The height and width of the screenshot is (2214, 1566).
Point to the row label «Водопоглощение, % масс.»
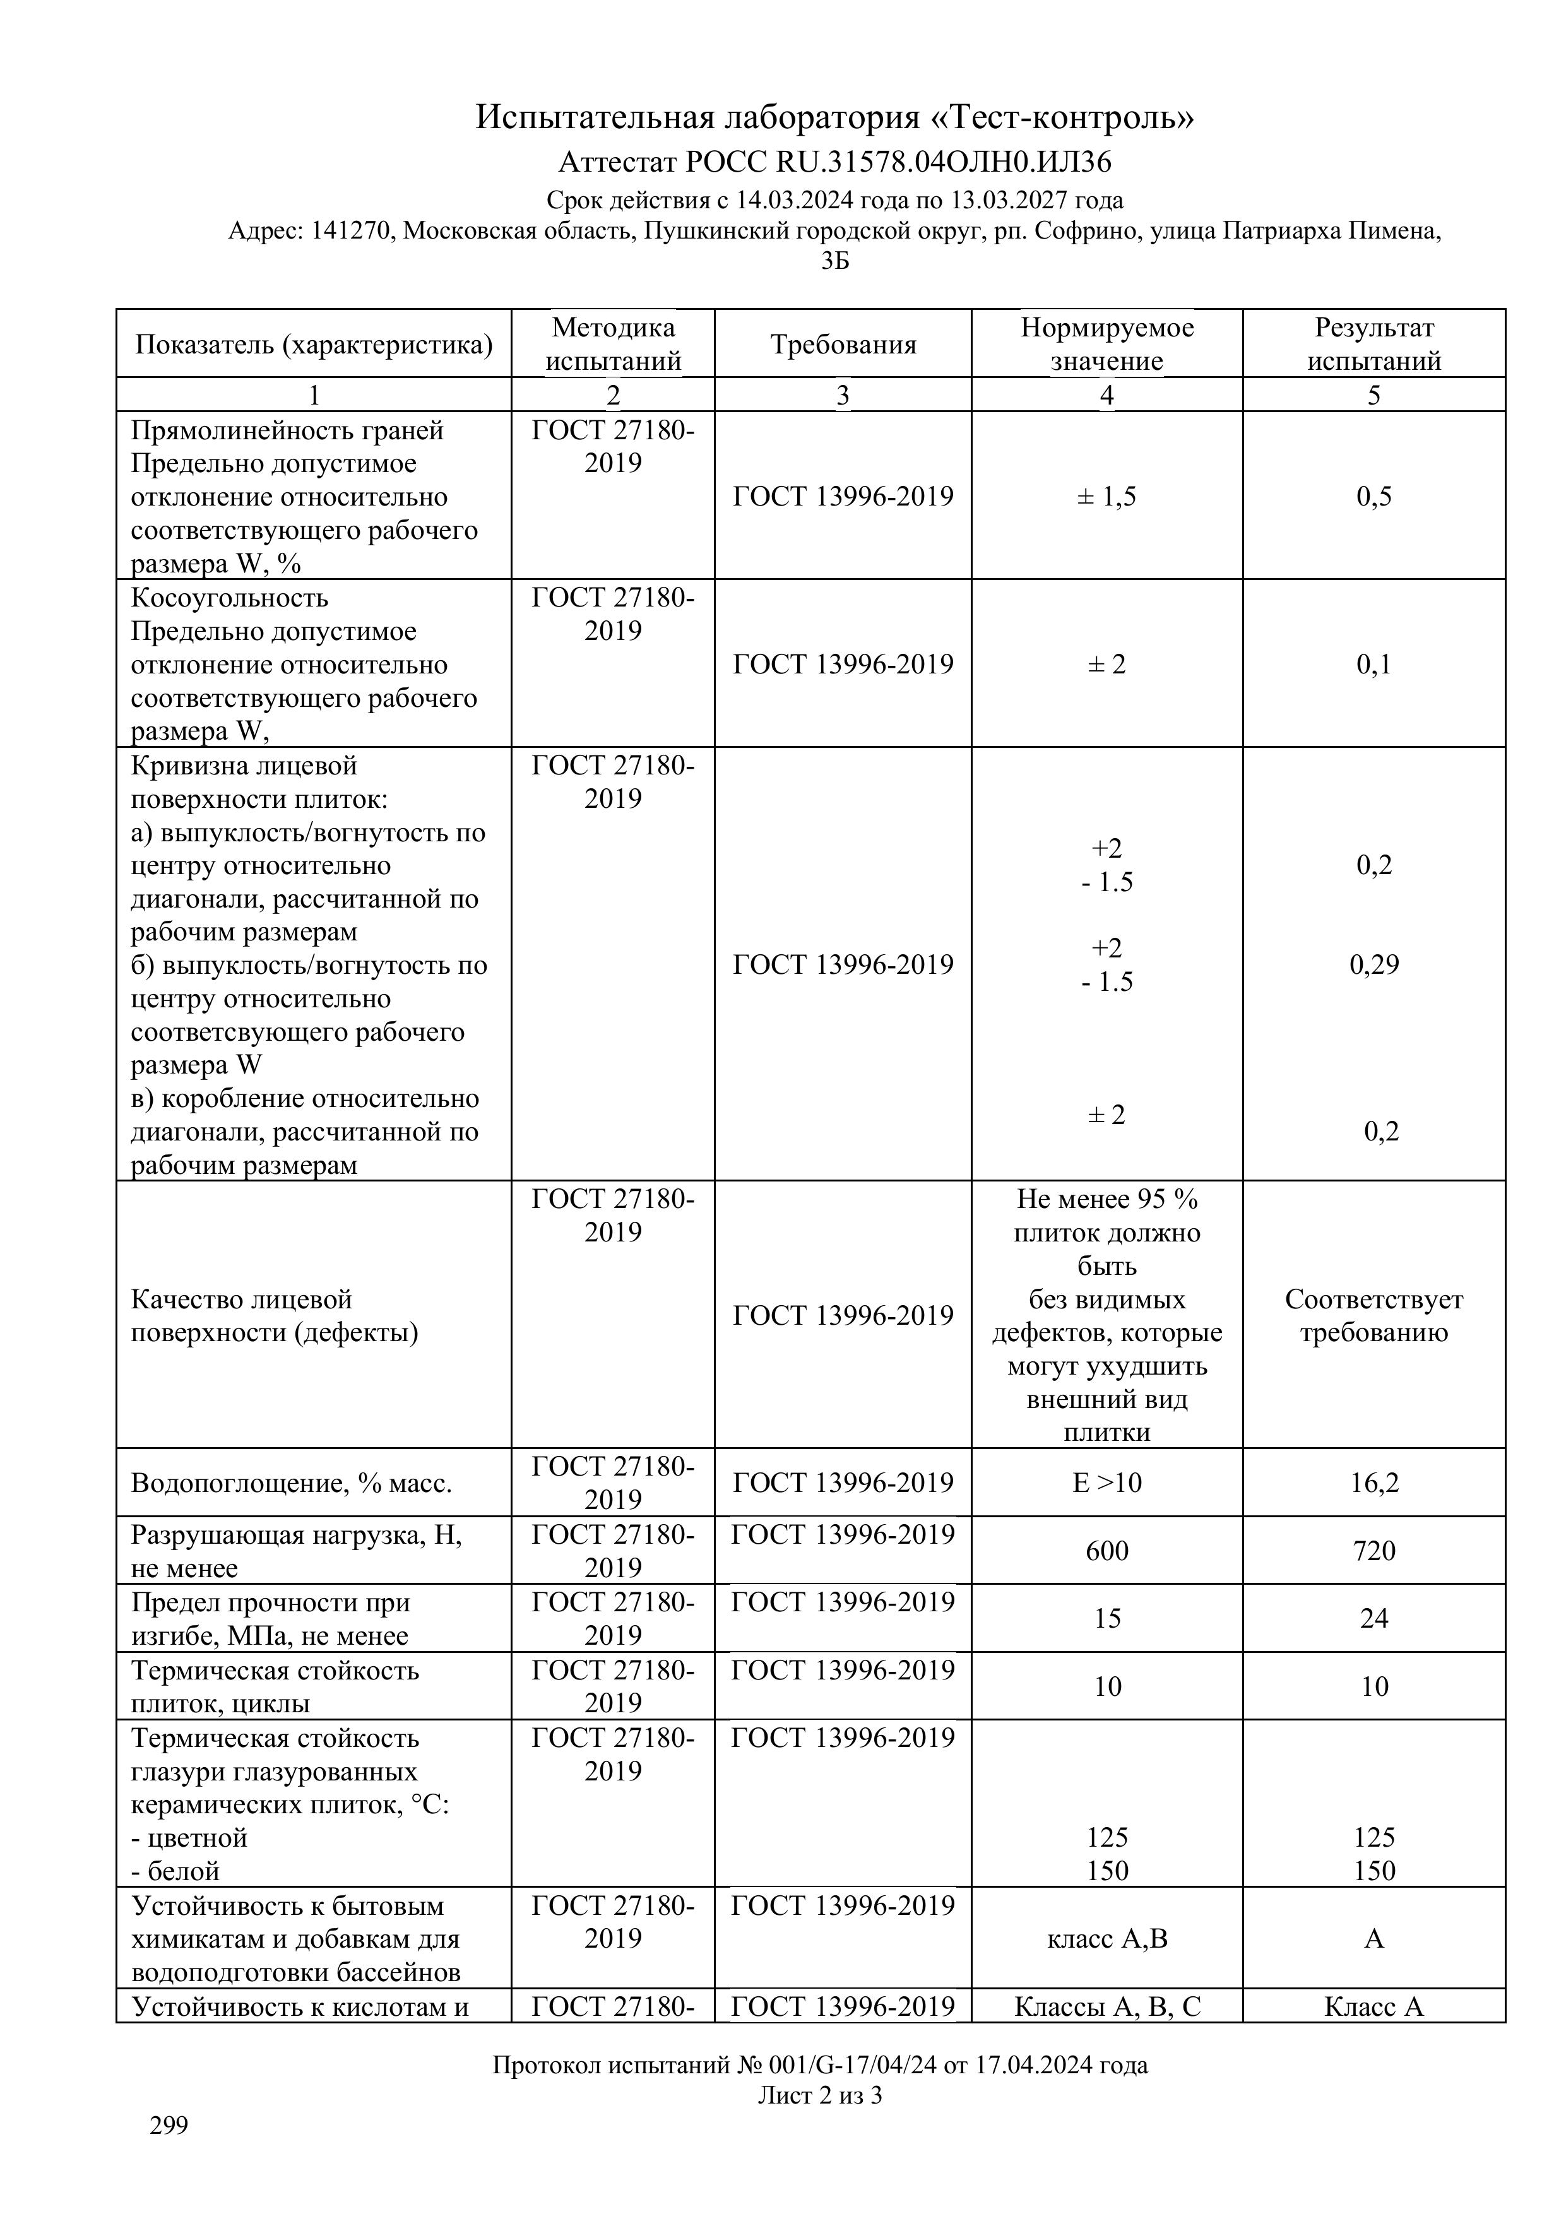[x=291, y=1483]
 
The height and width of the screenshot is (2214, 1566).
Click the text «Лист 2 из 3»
[x=820, y=2095]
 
